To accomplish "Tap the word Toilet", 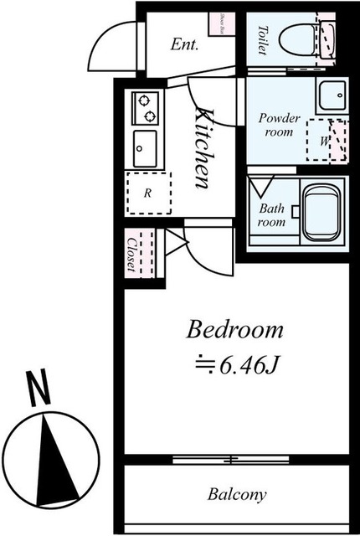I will (x=261, y=39).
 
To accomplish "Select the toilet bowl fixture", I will (x=298, y=39).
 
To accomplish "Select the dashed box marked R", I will (x=147, y=193).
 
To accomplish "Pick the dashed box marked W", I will (x=322, y=140).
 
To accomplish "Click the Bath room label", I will (x=271, y=215).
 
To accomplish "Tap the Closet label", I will (x=132, y=253).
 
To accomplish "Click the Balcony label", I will (x=237, y=494).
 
